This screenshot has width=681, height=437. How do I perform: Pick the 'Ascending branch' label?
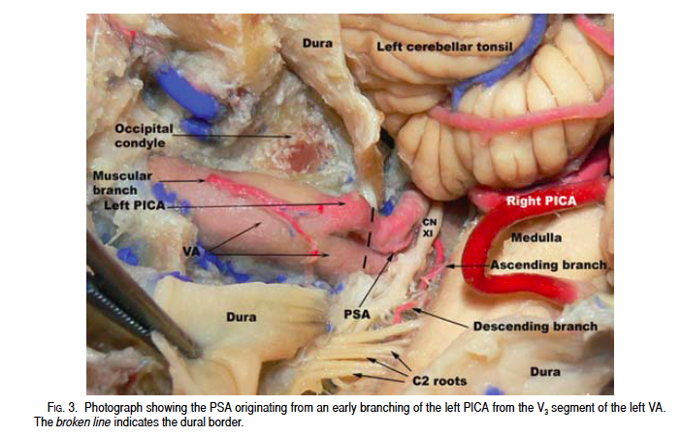tap(548, 264)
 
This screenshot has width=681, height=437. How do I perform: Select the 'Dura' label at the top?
tap(317, 43)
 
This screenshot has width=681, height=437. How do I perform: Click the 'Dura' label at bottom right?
tap(542, 371)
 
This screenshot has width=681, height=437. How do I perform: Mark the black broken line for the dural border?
tap(369, 237)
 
